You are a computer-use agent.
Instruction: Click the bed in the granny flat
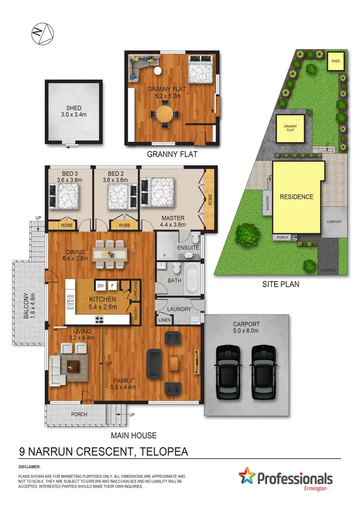pos(201,71)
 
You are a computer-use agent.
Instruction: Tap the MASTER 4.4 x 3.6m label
pos(172,221)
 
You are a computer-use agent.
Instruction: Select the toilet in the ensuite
pos(194,238)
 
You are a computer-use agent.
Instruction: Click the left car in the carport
pos(228,371)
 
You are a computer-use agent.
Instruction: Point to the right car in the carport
pos(263,371)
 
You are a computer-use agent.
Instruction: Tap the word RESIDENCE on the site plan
pos(297,197)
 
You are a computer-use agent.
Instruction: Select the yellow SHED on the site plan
pos(336,61)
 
